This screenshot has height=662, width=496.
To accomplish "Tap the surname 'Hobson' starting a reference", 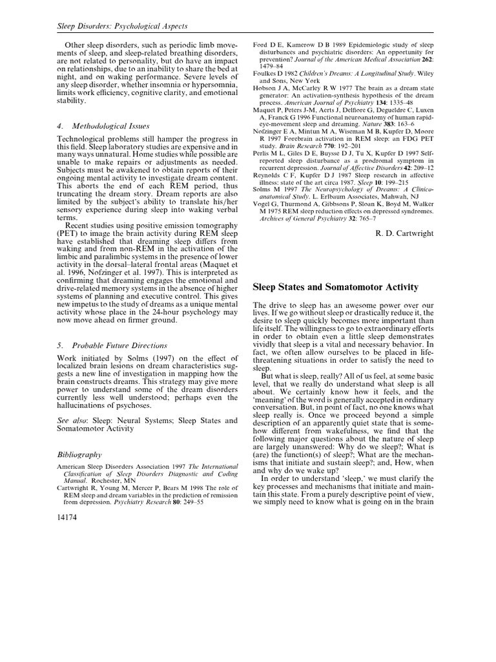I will [265, 91].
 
